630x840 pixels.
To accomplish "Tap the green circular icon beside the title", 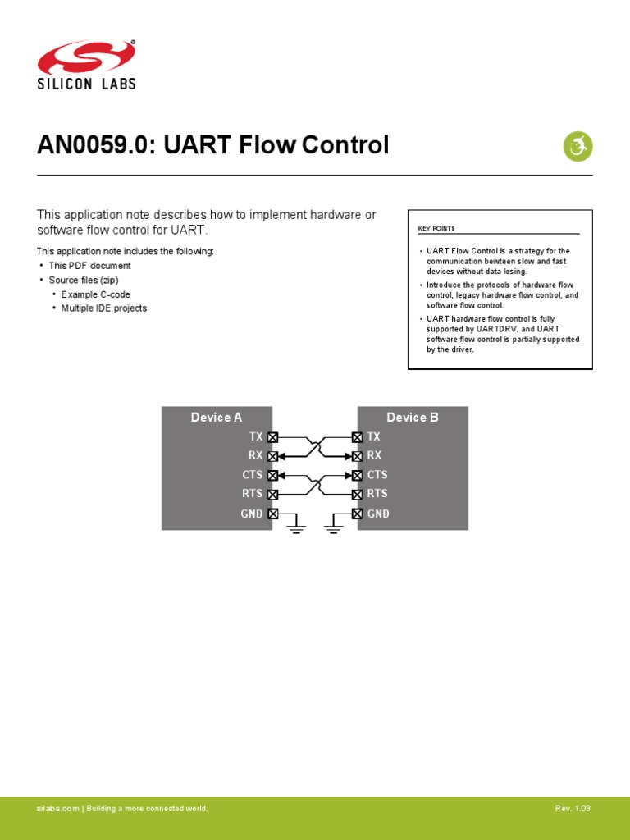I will coord(577,147).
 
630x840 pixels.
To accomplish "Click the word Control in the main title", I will coord(345,146).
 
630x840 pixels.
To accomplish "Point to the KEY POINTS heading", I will coord(436,228).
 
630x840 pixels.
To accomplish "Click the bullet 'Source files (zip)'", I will coord(84,280).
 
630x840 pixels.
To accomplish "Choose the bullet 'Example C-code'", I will coord(95,294).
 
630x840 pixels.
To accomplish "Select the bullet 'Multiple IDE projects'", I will coord(104,308).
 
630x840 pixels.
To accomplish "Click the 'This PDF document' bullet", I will coord(89,266).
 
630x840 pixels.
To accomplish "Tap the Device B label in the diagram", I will coord(413,418).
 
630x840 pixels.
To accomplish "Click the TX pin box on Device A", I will coord(273,437).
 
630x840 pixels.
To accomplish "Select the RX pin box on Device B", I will coord(357,456).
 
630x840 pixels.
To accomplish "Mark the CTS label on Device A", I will coord(253,475).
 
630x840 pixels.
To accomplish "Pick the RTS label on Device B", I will coord(377,494).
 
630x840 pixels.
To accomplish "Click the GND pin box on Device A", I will coord(273,514).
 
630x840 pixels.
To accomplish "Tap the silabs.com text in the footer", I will coord(57,809).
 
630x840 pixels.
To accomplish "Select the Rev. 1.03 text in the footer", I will coord(573,809).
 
